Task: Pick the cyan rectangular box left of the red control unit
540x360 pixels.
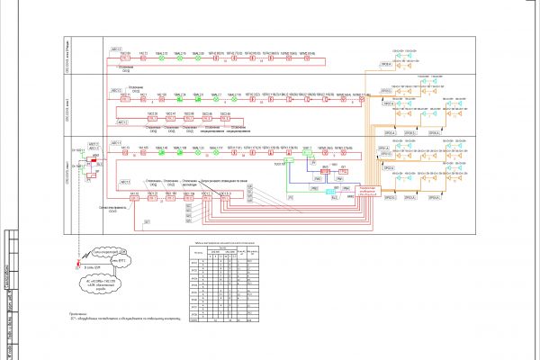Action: [x=331, y=192]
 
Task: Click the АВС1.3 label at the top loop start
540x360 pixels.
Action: [x=115, y=47]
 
